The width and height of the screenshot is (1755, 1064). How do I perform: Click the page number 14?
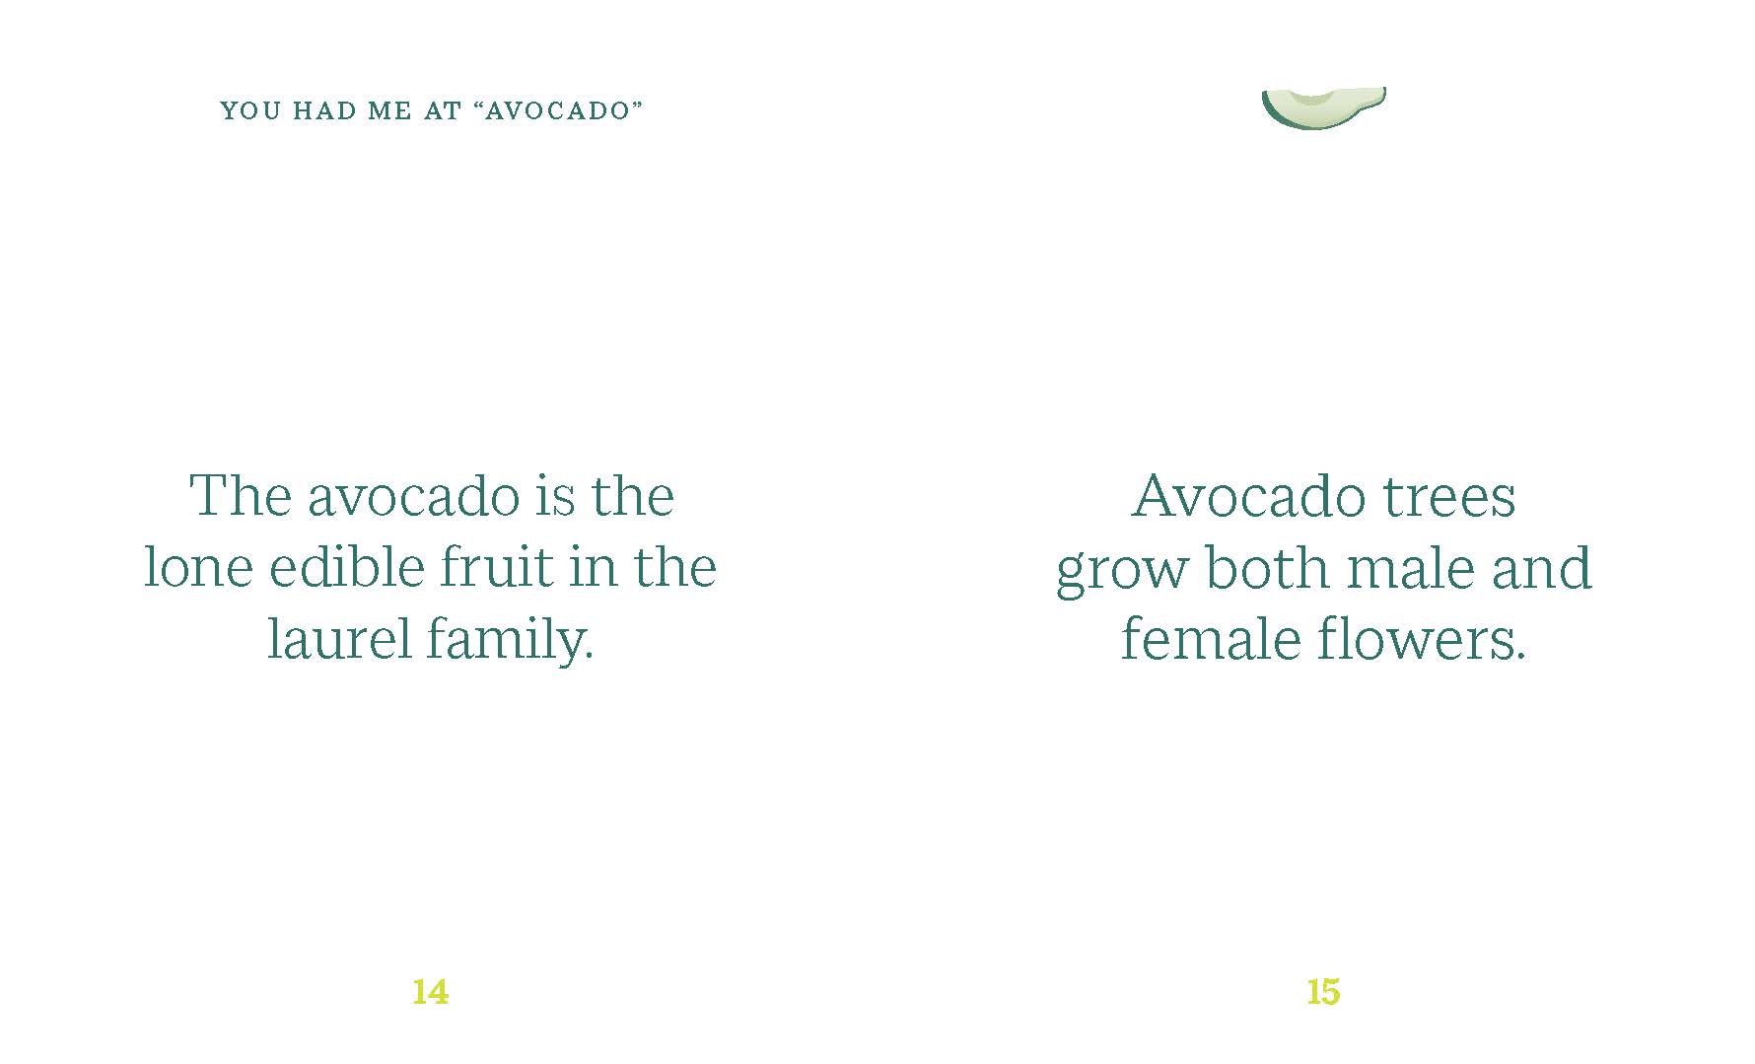tap(430, 991)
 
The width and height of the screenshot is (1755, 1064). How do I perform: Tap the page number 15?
tap(1323, 991)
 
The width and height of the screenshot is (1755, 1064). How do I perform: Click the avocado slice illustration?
tap(1324, 107)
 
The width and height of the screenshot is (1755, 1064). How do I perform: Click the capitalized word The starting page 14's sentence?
tap(241, 495)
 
